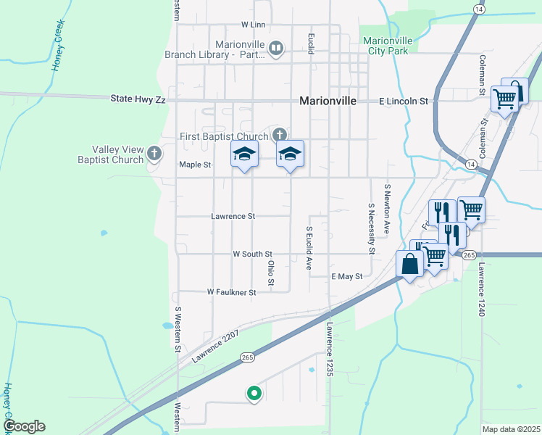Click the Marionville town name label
point(328,101)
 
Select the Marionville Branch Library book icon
point(275,49)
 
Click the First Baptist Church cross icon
point(280,134)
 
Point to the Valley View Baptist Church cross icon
point(154,153)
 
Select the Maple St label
point(195,165)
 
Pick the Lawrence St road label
point(233,216)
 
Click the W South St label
point(252,254)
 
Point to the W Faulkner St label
point(232,292)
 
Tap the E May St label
point(346,277)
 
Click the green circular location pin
point(254,394)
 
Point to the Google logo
point(24,426)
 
